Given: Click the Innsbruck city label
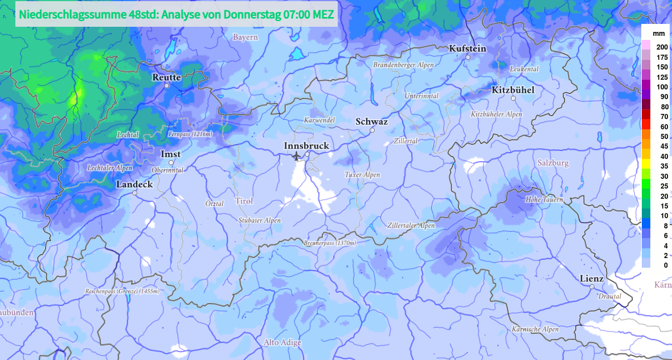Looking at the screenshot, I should [x=306, y=146].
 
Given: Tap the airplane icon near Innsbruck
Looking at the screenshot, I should [x=296, y=156].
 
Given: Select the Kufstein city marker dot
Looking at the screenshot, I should [x=468, y=57].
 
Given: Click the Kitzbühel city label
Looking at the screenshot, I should [x=513, y=89].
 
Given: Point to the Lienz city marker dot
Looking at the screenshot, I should [x=592, y=287].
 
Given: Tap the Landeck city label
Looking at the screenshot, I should [x=134, y=185].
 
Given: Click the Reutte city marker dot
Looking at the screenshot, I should [x=167, y=85].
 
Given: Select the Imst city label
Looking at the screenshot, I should [x=170, y=154].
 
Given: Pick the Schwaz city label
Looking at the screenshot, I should [x=371, y=122].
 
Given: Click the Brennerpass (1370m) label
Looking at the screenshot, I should [x=330, y=243].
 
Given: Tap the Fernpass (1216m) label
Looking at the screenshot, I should [x=190, y=134].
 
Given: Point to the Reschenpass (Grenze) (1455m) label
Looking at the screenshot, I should [x=122, y=291].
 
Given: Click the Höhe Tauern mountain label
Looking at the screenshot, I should [x=544, y=199].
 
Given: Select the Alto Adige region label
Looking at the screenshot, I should [x=282, y=342].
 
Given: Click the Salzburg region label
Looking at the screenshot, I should [x=553, y=163].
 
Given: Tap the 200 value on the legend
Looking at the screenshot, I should [x=662, y=47].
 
